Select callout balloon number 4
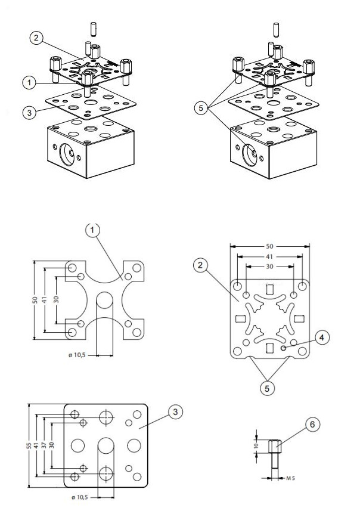point(321,338)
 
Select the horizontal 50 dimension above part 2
point(270,246)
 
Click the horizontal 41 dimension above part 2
point(270,257)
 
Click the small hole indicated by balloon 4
point(284,346)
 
